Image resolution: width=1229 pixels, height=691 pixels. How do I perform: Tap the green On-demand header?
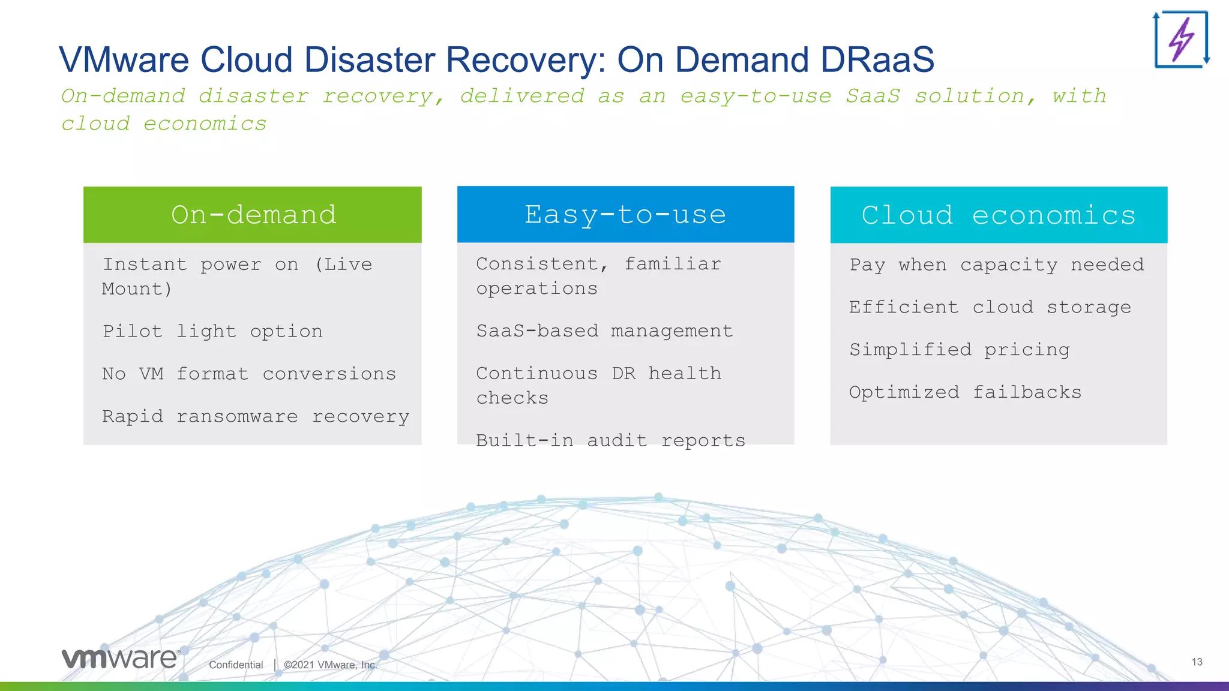coord(253,215)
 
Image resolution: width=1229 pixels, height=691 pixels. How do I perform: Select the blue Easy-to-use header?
coord(625,215)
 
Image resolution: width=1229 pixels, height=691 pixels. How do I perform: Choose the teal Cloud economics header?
coord(999,215)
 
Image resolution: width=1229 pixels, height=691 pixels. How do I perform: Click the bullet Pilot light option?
coord(212,331)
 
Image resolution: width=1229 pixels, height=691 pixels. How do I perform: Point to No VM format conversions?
coord(249,374)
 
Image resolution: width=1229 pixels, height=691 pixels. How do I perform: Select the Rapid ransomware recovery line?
coord(256,416)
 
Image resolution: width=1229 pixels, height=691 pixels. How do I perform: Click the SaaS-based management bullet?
coord(604,331)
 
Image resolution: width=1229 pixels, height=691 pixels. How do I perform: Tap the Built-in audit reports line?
coord(610,440)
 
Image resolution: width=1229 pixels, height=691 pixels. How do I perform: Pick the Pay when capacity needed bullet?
coord(997,265)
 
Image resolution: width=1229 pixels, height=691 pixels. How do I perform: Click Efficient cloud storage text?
coord(990,307)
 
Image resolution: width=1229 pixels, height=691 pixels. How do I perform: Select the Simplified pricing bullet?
coord(960,350)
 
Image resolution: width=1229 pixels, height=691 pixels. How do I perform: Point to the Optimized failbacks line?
coord(965,392)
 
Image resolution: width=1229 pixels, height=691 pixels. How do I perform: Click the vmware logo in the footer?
coord(121,659)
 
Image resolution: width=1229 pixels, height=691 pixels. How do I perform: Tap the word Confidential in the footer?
coord(236,665)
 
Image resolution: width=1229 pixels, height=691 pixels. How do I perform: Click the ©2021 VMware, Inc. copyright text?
coord(331,665)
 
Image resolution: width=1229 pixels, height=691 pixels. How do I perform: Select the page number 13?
coord(1197,662)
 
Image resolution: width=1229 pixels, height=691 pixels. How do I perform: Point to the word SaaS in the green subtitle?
coord(873,96)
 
